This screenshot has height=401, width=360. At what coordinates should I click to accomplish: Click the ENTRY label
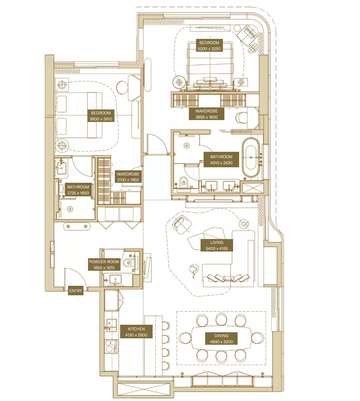pyautogui.click(x=76, y=291)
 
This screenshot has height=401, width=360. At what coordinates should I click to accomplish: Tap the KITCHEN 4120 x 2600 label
pyautogui.click(x=136, y=332)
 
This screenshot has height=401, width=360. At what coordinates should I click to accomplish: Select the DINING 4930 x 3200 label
pyautogui.click(x=221, y=339)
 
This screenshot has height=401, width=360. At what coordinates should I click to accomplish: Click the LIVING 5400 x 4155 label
pyautogui.click(x=217, y=245)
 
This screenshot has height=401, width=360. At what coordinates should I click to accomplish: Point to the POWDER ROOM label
pyautogui.click(x=104, y=264)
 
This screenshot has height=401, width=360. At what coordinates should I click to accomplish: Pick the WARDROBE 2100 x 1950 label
pyautogui.click(x=128, y=177)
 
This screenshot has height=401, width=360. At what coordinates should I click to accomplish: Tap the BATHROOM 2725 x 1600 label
pyautogui.click(x=78, y=190)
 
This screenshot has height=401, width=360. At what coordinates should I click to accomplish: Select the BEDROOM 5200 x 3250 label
pyautogui.click(x=209, y=46)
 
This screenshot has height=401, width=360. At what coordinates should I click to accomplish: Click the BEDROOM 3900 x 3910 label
pyautogui.click(x=101, y=116)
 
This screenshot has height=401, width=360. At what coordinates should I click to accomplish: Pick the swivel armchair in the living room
pyautogui.click(x=181, y=224)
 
